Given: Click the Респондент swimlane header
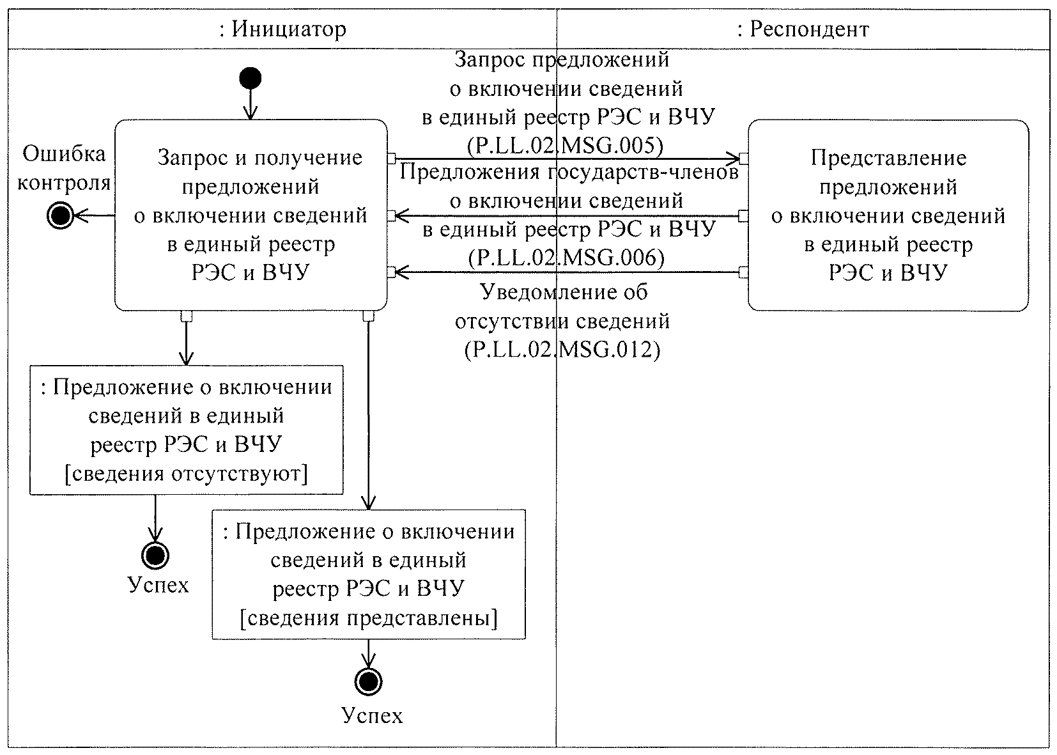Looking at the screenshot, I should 803,29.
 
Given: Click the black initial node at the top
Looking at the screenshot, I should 251,79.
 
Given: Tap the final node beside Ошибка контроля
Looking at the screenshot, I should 61,217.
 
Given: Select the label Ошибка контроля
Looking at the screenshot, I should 63,169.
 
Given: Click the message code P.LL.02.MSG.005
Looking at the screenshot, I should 565,146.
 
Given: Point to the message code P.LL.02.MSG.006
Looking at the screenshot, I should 566,258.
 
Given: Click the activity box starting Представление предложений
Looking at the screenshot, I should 888,215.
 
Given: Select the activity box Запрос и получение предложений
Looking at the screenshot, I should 251,215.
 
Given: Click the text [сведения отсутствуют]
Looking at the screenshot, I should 186,474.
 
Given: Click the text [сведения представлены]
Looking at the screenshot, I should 368,618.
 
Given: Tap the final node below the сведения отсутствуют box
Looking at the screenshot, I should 155,555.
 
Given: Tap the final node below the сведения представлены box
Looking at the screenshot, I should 367,681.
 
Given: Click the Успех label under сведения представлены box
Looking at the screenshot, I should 372,715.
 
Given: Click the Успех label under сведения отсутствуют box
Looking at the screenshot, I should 158,585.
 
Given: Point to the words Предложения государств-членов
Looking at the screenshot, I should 569,172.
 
